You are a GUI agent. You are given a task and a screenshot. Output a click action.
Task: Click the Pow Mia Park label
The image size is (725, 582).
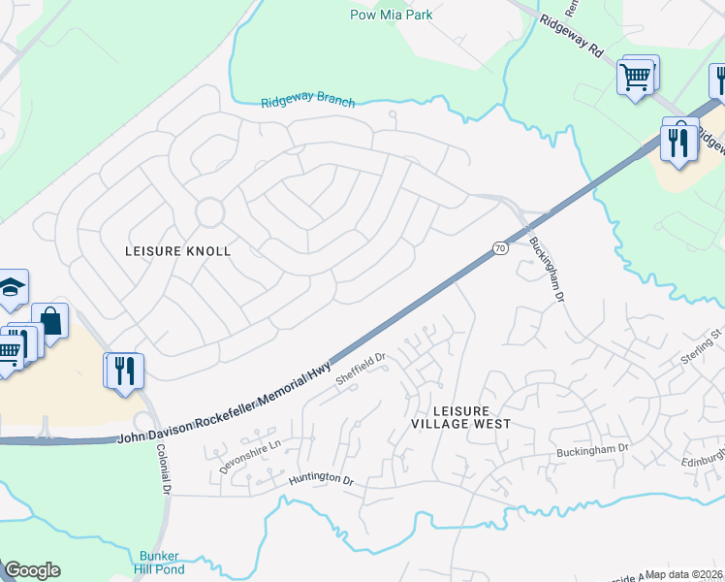pos(391,15)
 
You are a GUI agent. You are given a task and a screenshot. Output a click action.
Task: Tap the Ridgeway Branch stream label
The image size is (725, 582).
pos(308,102)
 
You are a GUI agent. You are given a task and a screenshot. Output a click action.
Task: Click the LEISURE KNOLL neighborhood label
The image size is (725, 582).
pos(178,251)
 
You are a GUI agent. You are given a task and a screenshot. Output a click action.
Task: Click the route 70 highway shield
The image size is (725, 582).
pos(500,248)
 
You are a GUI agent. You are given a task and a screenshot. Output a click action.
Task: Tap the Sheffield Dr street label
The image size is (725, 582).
pos(361,370)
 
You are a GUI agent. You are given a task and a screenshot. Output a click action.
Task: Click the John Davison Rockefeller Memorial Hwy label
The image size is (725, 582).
pos(225,404)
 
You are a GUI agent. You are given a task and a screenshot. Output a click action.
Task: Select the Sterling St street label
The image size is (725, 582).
pos(703,346)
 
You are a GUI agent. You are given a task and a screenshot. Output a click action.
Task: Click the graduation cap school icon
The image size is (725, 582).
pos(11,286)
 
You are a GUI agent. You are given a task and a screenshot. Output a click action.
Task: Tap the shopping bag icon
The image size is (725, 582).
pos(50,321)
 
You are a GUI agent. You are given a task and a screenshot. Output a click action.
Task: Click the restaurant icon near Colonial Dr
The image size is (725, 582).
pos(124,371)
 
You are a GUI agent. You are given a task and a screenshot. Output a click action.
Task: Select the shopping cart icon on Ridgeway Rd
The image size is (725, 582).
pos(637,76)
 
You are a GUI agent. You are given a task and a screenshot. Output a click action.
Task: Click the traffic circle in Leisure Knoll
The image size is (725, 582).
pos(209,211)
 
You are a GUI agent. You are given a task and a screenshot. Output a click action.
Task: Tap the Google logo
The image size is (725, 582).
pos(33,570)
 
